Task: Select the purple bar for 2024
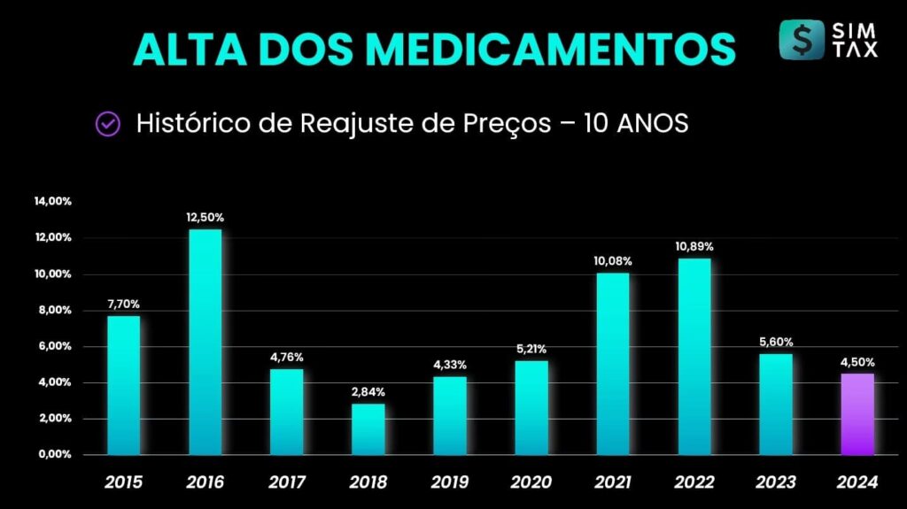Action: (x=857, y=414)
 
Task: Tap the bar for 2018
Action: (x=368, y=429)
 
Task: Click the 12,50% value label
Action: (x=205, y=217)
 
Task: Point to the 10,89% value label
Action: (x=694, y=246)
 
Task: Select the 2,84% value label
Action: (x=368, y=392)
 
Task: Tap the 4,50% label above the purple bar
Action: (x=857, y=361)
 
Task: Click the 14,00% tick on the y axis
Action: (x=53, y=202)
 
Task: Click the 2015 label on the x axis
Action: (x=123, y=482)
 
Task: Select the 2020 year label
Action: (x=531, y=482)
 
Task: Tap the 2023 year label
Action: (x=775, y=482)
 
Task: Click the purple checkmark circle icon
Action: (x=108, y=124)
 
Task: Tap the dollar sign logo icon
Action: (x=802, y=40)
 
